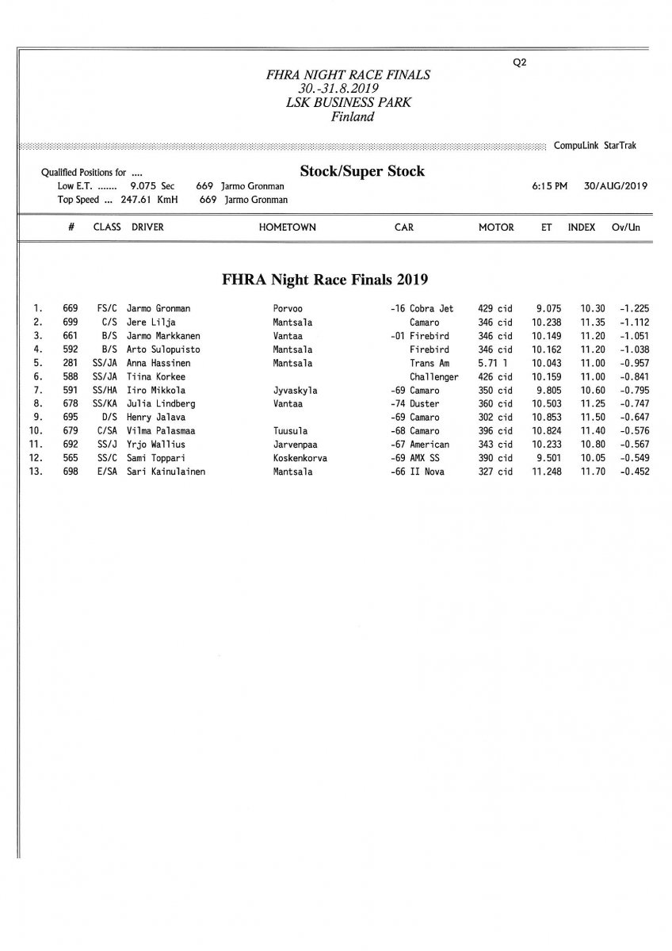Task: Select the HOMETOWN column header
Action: pyautogui.click(x=287, y=227)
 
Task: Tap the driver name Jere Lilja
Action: pyautogui.click(x=151, y=323)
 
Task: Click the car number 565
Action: pyautogui.click(x=70, y=458)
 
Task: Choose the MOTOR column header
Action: pyautogui.click(x=496, y=227)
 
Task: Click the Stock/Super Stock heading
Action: pyautogui.click(x=362, y=171)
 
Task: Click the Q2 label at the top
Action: pyautogui.click(x=520, y=64)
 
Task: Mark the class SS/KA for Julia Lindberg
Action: pyautogui.click(x=105, y=404)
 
